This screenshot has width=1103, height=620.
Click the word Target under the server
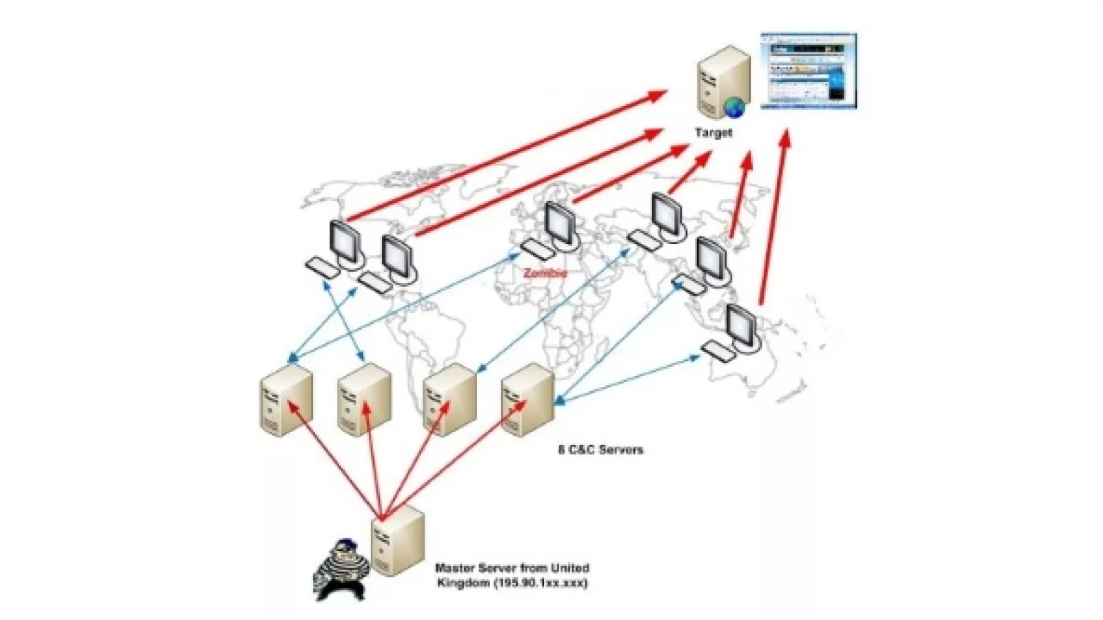point(714,132)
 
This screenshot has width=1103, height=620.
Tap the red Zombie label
point(545,273)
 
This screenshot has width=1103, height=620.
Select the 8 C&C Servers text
point(600,450)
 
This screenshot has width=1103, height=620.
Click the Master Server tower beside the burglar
point(397,541)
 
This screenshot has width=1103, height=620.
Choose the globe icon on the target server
point(734,107)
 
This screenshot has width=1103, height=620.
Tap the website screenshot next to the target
point(808,71)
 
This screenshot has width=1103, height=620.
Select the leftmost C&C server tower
point(286,399)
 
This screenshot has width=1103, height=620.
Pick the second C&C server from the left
point(365,399)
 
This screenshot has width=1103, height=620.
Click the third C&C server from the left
point(449,400)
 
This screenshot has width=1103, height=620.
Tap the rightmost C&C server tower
point(527,400)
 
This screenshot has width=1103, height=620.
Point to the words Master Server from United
point(512,568)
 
